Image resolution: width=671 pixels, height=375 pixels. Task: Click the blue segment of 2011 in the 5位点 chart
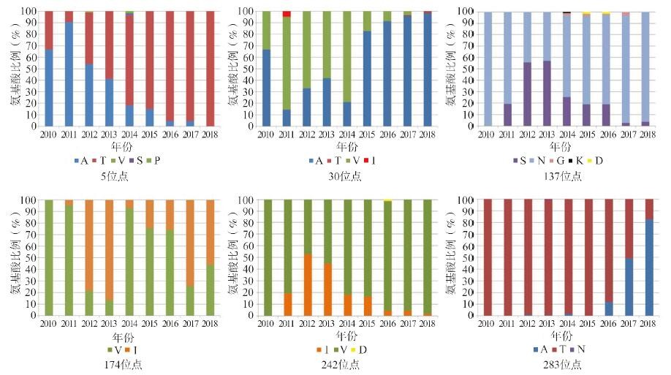point(68,73)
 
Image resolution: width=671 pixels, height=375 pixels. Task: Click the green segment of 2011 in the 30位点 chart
point(287,62)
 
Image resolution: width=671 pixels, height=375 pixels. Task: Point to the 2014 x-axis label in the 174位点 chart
point(129,322)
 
